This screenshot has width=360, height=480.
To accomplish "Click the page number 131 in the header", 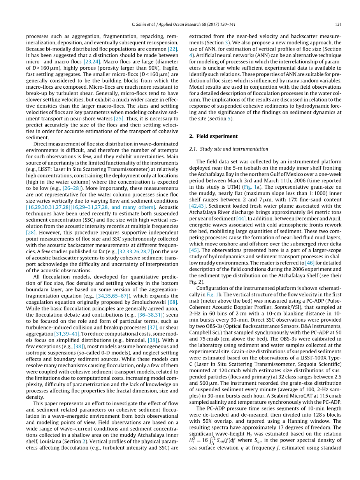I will click(x=338, y=25).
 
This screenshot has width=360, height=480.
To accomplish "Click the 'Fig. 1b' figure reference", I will click(x=213, y=295).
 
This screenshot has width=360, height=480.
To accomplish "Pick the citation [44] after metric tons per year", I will click(x=241, y=219).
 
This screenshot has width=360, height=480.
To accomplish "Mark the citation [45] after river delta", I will click(x=194, y=250).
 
